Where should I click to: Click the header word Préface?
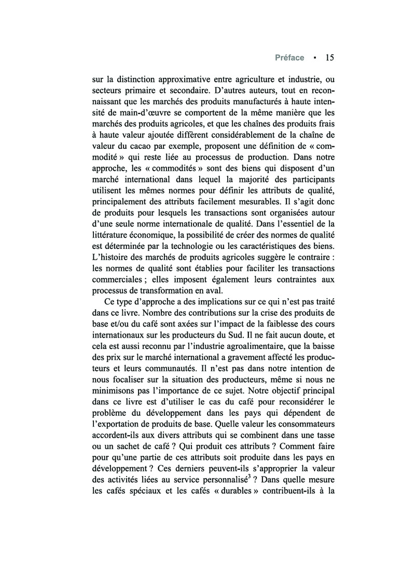click(289, 58)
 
